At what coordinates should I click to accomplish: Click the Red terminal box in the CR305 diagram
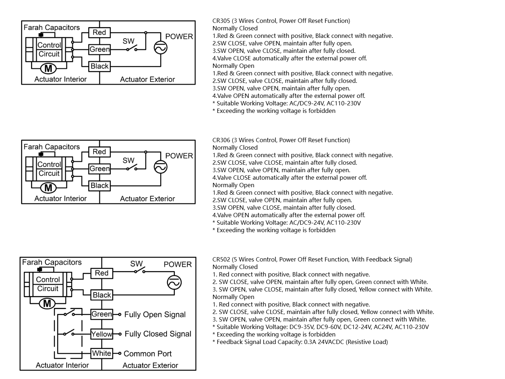[99, 33]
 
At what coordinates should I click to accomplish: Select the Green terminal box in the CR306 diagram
[99, 169]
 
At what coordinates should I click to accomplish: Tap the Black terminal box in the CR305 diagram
[99, 66]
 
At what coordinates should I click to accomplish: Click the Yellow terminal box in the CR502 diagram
[102, 334]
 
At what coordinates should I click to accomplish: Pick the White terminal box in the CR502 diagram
[102, 353]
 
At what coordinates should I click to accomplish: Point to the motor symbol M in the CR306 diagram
[48, 188]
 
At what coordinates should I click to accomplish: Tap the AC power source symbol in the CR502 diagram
[174, 283]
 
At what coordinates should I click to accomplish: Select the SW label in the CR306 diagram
[128, 160]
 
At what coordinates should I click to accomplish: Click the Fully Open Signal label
[155, 315]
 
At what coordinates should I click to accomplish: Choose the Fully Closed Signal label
[158, 334]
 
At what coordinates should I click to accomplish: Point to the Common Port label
[148, 354]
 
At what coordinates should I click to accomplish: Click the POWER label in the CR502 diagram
[178, 264]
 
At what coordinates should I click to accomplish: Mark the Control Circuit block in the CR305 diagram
[49, 50]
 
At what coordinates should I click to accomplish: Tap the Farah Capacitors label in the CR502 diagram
[52, 262]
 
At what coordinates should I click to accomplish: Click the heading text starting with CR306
[281, 140]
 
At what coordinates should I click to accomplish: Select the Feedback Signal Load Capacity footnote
[300, 342]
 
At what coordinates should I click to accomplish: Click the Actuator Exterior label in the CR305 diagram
[147, 79]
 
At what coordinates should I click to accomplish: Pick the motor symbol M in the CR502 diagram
[47, 304]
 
